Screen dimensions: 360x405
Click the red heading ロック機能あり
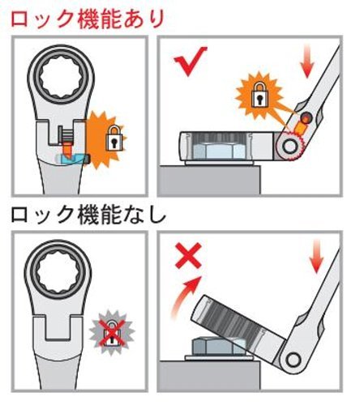click(x=88, y=19)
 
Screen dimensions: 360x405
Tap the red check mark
click(x=190, y=61)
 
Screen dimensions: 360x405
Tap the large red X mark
click(x=188, y=255)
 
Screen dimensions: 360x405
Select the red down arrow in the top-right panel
click(x=307, y=62)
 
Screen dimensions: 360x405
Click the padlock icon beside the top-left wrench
click(x=114, y=138)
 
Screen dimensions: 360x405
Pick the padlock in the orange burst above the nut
click(x=259, y=95)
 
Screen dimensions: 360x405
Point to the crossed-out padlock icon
click(x=112, y=333)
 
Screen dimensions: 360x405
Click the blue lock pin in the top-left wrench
click(x=72, y=160)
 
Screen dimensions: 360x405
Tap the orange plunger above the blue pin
click(x=67, y=149)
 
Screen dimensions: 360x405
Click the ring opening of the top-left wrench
click(x=61, y=79)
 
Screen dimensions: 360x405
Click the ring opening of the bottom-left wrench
click(x=58, y=273)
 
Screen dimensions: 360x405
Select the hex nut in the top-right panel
click(x=220, y=152)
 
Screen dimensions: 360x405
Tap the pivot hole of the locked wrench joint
click(x=289, y=146)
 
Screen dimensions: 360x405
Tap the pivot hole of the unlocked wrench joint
click(x=294, y=360)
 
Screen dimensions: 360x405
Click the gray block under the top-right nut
click(x=210, y=179)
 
